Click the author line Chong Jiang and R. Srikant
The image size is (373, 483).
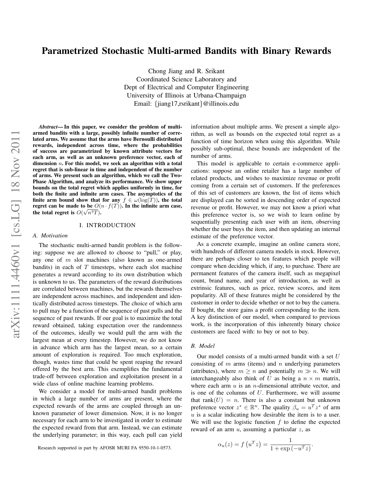186,71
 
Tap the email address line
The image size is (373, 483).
186,104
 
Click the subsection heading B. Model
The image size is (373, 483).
203,346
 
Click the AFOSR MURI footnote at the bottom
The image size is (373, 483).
105,448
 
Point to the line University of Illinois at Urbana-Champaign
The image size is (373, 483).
186,95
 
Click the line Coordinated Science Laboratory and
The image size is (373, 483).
186,79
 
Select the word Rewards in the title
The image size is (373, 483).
312,51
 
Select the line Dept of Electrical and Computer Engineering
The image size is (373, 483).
186,87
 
